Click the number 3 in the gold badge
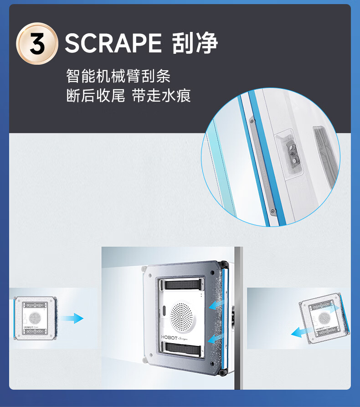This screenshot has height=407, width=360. (x=37, y=44)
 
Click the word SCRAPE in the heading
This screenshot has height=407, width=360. (x=113, y=43)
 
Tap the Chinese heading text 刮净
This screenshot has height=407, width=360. (x=195, y=43)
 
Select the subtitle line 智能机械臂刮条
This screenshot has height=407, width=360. (x=118, y=76)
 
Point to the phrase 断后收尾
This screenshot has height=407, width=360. (x=96, y=96)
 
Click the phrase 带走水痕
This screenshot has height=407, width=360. (x=161, y=96)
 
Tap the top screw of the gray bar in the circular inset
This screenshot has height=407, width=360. (x=252, y=121)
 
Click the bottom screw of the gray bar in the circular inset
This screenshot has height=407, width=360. (x=273, y=211)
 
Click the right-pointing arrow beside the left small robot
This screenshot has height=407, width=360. (x=72, y=318)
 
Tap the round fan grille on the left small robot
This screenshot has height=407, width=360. (x=34, y=318)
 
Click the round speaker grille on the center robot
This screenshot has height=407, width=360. (x=181, y=317)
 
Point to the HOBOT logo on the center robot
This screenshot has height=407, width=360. (x=169, y=337)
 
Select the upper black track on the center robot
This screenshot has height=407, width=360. (x=183, y=285)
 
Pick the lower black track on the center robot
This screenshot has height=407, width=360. (x=183, y=349)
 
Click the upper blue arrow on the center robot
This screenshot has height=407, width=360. (x=216, y=304)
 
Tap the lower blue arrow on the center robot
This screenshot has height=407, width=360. (x=215, y=339)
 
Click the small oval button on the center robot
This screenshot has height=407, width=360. (x=164, y=310)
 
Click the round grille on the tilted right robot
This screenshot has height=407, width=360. (x=324, y=318)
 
